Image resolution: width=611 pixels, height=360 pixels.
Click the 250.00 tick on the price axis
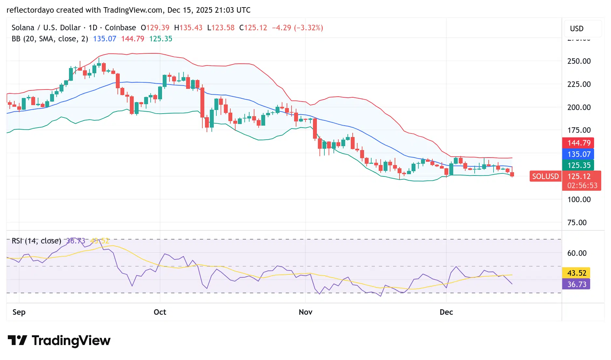579,61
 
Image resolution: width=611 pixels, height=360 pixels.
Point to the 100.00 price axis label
579,200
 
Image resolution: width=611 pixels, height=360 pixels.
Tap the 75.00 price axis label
577,223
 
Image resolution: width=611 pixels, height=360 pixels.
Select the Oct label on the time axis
160,312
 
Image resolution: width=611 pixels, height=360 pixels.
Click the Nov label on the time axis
305,312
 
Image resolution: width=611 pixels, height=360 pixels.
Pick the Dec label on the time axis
446,312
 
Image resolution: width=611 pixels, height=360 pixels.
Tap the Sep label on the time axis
19,312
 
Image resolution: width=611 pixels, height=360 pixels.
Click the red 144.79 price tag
578,143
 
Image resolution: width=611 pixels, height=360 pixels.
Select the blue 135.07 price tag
578,154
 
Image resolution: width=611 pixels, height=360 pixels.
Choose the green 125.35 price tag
578,165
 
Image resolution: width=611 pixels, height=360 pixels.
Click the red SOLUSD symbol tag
545,176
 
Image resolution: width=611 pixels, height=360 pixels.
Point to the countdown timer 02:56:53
582,186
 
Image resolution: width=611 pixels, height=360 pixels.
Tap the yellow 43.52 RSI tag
577,273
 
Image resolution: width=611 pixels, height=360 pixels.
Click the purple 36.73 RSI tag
577,284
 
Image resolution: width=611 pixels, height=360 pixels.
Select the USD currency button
577,29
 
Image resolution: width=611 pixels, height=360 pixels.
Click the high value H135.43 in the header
188,28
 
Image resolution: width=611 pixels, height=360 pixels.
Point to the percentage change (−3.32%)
308,28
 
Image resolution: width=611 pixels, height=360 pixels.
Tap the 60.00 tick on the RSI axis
577,253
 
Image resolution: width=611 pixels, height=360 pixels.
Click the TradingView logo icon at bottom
17,340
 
